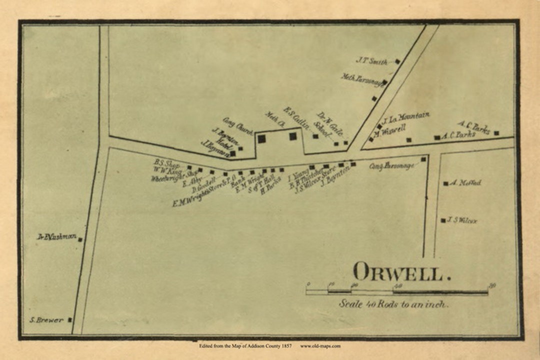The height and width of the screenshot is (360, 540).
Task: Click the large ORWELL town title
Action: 397,272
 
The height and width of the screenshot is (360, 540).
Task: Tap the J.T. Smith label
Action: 371,61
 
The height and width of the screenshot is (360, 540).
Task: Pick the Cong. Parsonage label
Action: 392,166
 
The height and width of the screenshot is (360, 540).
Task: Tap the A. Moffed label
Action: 465,183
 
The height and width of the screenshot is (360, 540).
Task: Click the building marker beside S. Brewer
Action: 70,319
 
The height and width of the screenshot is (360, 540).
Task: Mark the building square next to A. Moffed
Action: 445,183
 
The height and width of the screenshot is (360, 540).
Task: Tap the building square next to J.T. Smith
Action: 397,61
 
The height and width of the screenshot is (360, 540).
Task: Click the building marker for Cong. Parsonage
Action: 423,159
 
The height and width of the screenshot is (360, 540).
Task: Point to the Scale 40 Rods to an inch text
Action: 394,303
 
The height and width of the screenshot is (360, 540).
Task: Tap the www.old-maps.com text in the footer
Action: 320,345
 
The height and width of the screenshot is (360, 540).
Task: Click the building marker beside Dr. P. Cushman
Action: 80,239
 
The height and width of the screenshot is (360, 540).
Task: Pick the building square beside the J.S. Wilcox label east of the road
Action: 443,220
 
